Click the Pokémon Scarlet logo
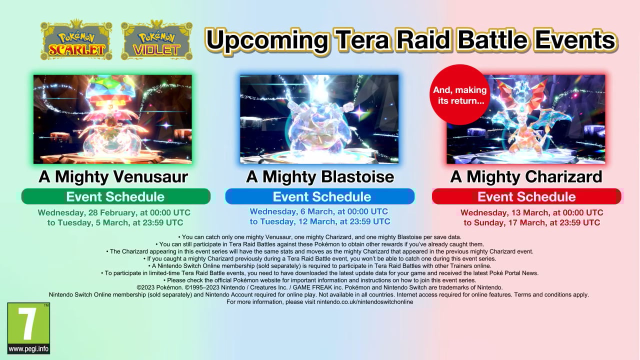[76, 40]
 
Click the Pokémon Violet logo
[156, 40]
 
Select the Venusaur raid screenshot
[112, 119]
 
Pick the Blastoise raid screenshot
[319, 119]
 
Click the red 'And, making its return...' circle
[459, 95]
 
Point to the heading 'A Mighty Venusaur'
[113, 176]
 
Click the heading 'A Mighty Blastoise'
[320, 176]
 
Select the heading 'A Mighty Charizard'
[526, 176]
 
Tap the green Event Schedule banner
[115, 196]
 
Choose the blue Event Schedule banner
[319, 196]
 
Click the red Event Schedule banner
[526, 196]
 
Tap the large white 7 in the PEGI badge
[27, 324]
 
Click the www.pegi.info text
[28, 349]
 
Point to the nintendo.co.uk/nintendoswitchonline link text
[365, 301]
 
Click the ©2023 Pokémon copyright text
[159, 287]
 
